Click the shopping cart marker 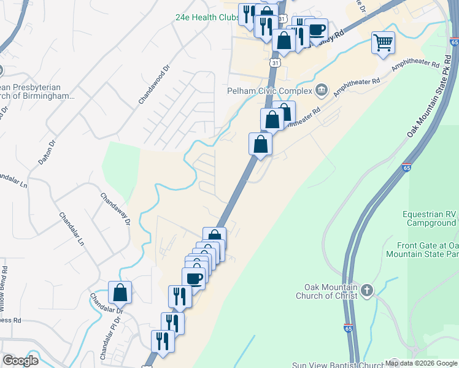383,43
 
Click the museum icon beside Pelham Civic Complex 321,91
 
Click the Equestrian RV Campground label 429,218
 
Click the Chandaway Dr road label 116,209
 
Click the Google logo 20,361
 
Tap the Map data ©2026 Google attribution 420,363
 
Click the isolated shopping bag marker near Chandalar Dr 120,293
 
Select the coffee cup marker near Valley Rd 317,29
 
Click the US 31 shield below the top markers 276,63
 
